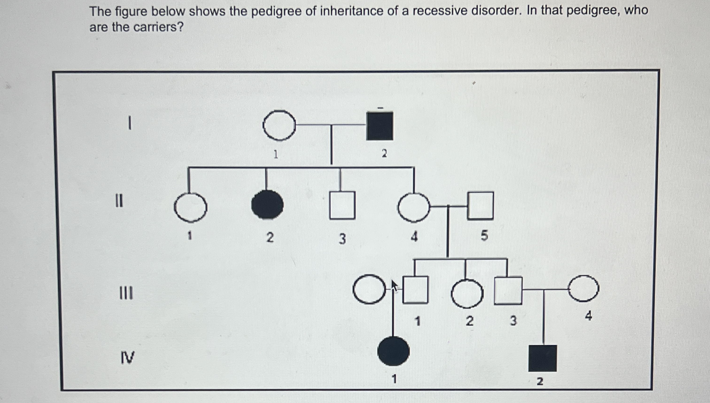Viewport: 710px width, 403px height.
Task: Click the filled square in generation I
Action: click(380, 126)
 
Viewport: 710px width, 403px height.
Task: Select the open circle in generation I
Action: click(279, 125)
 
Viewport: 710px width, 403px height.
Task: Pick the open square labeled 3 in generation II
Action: click(342, 205)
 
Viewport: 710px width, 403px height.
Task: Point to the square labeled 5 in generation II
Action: click(481, 206)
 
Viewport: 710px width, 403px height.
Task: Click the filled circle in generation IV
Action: click(393, 351)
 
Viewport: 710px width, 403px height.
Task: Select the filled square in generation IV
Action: click(543, 358)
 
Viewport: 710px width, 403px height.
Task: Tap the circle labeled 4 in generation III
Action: click(584, 288)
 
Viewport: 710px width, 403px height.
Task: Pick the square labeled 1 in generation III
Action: click(415, 290)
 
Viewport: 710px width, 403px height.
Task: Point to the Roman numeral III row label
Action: click(126, 293)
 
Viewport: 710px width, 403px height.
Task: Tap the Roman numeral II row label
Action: click(119, 201)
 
